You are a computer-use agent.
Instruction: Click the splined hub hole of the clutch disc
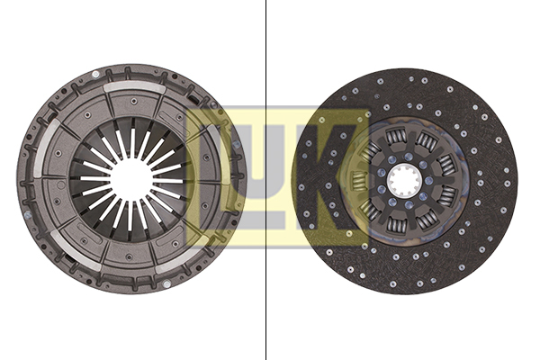point(405,180)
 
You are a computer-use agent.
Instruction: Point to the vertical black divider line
point(265,180)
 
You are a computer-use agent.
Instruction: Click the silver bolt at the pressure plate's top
point(95,74)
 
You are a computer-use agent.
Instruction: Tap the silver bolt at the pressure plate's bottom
point(166,283)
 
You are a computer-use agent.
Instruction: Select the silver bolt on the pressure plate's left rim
point(28,216)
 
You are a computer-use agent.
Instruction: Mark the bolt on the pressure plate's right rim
point(236,144)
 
